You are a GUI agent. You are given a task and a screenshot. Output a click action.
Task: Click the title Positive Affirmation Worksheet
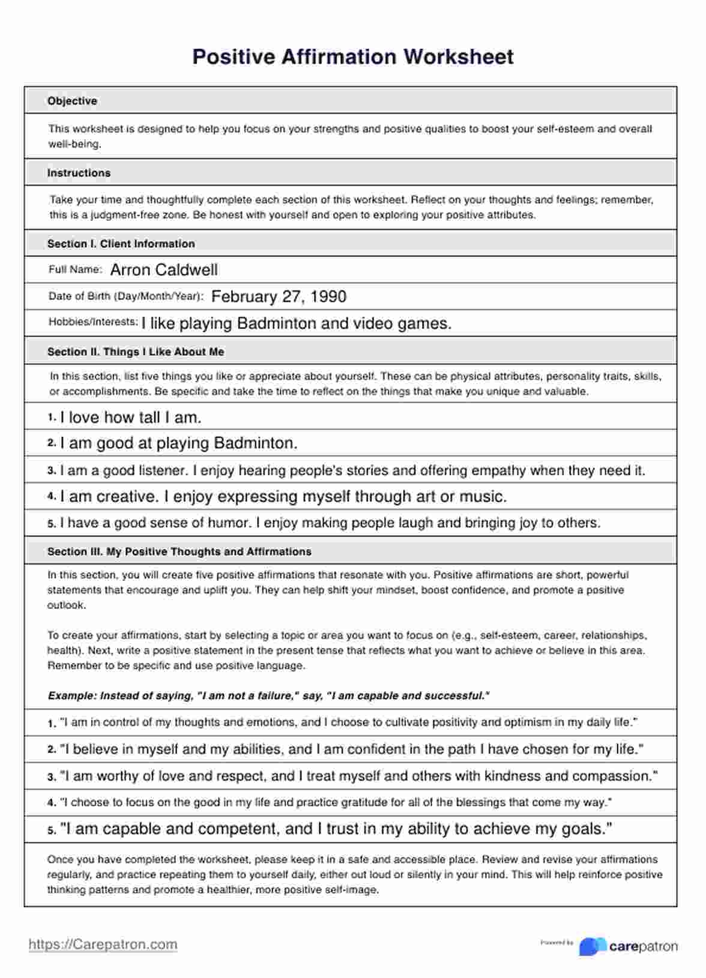[352, 57]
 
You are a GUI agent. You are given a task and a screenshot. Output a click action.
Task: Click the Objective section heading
[72, 101]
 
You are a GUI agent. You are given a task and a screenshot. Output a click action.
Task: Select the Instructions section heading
[79, 173]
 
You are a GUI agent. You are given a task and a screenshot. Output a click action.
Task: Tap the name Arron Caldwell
[164, 270]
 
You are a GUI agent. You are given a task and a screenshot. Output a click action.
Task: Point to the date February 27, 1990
[279, 296]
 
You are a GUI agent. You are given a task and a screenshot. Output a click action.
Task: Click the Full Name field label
[75, 269]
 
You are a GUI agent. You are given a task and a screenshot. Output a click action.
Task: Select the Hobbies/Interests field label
[93, 322]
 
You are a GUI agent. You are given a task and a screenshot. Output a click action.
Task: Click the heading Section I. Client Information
[121, 244]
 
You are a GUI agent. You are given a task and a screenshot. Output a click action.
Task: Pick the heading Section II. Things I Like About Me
[136, 352]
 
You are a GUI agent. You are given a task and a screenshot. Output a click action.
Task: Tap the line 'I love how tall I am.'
[130, 417]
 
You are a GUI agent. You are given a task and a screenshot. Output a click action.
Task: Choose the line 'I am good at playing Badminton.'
[178, 443]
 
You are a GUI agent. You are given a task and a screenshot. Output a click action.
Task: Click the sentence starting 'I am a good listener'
[352, 470]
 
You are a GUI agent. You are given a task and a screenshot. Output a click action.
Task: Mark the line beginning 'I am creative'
[283, 497]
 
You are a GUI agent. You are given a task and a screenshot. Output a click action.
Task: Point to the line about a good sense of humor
[330, 523]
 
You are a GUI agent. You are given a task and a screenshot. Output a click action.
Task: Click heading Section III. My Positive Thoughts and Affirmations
[179, 551]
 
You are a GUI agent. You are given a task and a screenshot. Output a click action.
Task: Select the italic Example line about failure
[268, 696]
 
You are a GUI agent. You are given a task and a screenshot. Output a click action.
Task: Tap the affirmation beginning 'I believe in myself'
[351, 749]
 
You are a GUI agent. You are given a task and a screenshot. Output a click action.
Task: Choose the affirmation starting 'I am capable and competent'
[336, 829]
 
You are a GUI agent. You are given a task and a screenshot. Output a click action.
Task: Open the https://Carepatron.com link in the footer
[103, 944]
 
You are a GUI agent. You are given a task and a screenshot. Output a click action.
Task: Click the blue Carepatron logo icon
[593, 946]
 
